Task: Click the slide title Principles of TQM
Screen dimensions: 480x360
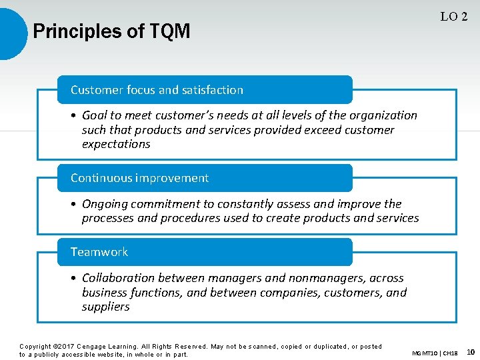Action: click(x=111, y=31)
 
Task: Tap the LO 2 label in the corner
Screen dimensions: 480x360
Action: click(x=453, y=17)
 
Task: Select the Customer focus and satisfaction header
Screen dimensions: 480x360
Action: click(x=157, y=90)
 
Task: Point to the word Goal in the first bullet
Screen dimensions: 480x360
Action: click(x=96, y=115)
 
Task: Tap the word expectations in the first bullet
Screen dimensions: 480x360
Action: click(x=116, y=144)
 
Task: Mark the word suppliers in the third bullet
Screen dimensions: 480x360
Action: click(x=105, y=307)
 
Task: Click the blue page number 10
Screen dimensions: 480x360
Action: click(x=470, y=351)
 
